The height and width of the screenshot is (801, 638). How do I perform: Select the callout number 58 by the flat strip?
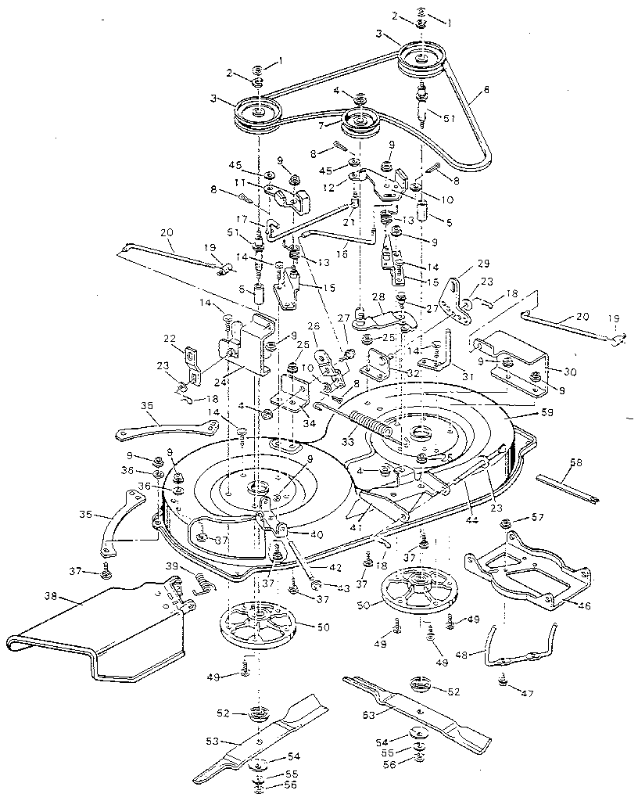pyautogui.click(x=576, y=463)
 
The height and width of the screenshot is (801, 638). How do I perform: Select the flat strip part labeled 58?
pyautogui.click(x=567, y=483)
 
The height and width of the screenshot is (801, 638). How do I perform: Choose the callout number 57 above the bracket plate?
pyautogui.click(x=538, y=518)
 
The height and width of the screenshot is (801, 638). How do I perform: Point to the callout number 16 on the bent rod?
pyautogui.click(x=344, y=254)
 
